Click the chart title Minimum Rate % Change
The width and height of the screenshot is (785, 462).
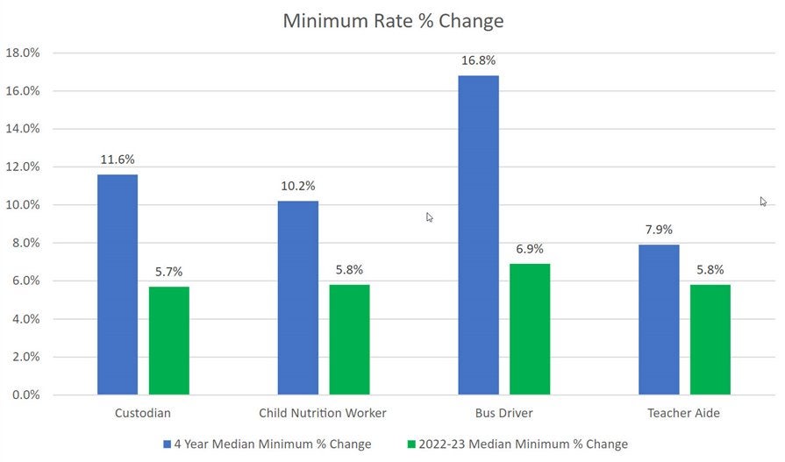tap(393, 20)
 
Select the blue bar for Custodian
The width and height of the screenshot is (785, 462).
tap(118, 284)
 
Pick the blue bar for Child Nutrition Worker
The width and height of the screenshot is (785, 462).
tap(298, 297)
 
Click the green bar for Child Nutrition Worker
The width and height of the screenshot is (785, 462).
tap(349, 339)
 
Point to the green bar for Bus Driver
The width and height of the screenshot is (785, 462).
tap(530, 329)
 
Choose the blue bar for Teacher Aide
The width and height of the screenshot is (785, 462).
tap(659, 319)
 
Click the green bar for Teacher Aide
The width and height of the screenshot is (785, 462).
tap(710, 339)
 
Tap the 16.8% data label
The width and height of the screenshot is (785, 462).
tap(479, 60)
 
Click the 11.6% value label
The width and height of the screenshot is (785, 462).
tap(118, 160)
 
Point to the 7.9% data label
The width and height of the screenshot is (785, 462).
tap(659, 230)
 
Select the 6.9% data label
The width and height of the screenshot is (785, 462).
tap(530, 249)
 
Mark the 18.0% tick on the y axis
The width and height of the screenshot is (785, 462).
tap(23, 53)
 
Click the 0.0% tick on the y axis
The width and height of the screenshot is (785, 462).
tap(25, 395)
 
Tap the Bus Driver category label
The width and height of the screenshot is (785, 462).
tap(504, 413)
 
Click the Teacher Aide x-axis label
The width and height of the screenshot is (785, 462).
tap(684, 413)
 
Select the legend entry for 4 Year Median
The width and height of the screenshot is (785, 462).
tap(267, 444)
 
